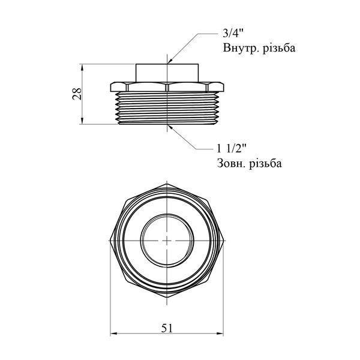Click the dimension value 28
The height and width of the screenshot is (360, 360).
(77, 94)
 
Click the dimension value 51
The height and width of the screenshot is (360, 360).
(166, 328)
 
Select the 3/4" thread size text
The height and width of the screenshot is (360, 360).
(233, 34)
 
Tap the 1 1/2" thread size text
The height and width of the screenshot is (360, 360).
(232, 149)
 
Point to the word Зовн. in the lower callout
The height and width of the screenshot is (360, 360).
(232, 163)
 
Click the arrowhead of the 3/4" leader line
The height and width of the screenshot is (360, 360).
(169, 61)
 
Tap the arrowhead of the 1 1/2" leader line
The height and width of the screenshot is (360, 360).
(170, 127)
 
